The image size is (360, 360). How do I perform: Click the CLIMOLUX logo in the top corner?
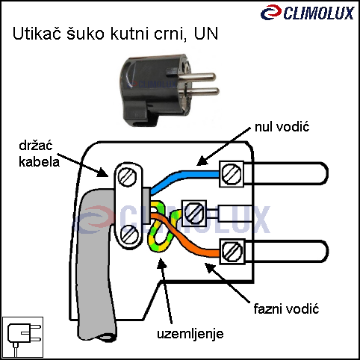308,13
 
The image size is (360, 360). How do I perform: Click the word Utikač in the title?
37,34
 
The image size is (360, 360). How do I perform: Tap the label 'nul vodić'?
282,127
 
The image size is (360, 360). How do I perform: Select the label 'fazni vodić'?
286,309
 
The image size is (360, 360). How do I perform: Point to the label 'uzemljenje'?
190,334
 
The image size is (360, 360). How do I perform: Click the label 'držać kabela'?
39,154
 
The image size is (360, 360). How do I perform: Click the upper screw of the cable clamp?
127,176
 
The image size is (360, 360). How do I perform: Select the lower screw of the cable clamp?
129,235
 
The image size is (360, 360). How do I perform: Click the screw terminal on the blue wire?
232,174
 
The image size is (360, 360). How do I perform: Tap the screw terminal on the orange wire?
232,251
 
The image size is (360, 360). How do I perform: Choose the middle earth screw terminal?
194,213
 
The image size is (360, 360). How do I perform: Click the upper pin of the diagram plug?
286,173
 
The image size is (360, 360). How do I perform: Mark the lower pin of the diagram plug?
286,251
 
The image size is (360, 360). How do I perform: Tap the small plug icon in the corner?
22,337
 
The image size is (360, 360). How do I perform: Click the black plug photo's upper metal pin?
196,77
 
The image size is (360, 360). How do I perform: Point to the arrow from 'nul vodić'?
223,146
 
